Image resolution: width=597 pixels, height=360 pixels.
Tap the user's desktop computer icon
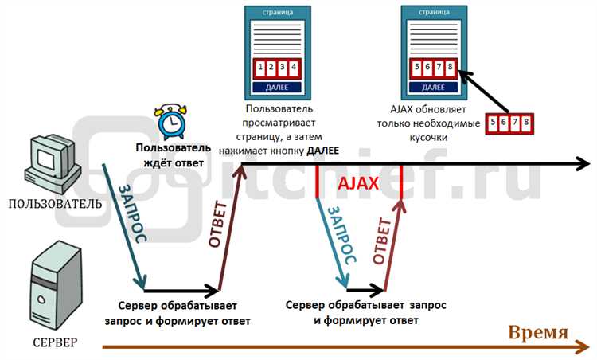pos(53,163)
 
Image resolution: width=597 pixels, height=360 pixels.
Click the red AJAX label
pos(358,183)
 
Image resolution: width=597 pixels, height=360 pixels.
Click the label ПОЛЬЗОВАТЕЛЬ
pos(55,203)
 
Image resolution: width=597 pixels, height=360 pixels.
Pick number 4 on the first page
pos(295,67)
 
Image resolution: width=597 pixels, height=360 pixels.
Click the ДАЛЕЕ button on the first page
pos(277,86)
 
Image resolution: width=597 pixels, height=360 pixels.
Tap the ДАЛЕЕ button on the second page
pos(434,86)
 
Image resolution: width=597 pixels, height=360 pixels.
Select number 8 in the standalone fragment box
pos(525,123)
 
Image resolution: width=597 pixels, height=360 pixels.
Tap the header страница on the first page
pos(277,13)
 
